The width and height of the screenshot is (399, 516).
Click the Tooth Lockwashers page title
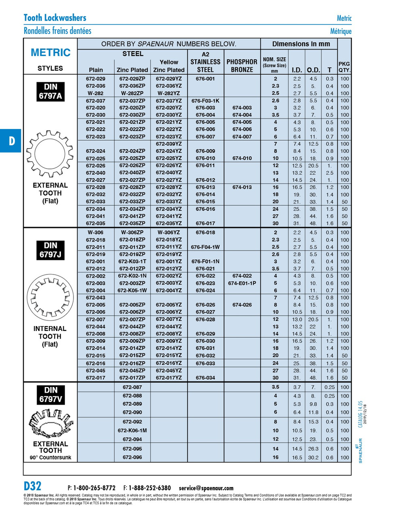pyautogui.click(x=55, y=18)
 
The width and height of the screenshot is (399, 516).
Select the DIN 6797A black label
pyautogui.click(x=50, y=92)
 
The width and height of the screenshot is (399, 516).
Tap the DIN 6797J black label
pyautogui.click(x=50, y=250)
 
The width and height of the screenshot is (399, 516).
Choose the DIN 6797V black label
pyautogui.click(x=50, y=395)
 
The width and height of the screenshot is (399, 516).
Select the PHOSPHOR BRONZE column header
pyautogui.click(x=242, y=66)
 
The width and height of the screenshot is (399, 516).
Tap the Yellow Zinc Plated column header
pyautogui.click(x=169, y=66)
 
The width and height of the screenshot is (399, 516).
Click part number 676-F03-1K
pyautogui.click(x=205, y=101)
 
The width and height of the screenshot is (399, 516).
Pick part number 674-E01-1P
pyautogui.click(x=242, y=283)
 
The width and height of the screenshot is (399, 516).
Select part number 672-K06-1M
pyautogui.click(x=132, y=431)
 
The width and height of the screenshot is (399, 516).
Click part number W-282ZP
pyautogui.click(x=132, y=94)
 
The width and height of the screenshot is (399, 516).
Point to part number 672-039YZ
pyautogui.click(x=169, y=144)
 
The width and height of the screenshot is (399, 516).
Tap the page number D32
pyautogui.click(x=33, y=486)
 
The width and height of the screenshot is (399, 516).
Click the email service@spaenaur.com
pyautogui.click(x=206, y=488)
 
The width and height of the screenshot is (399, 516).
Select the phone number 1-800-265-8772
pyautogui.click(x=94, y=488)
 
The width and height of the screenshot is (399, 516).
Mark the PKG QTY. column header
pyautogui.click(x=344, y=67)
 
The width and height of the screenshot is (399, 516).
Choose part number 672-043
pyautogui.click(x=96, y=298)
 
